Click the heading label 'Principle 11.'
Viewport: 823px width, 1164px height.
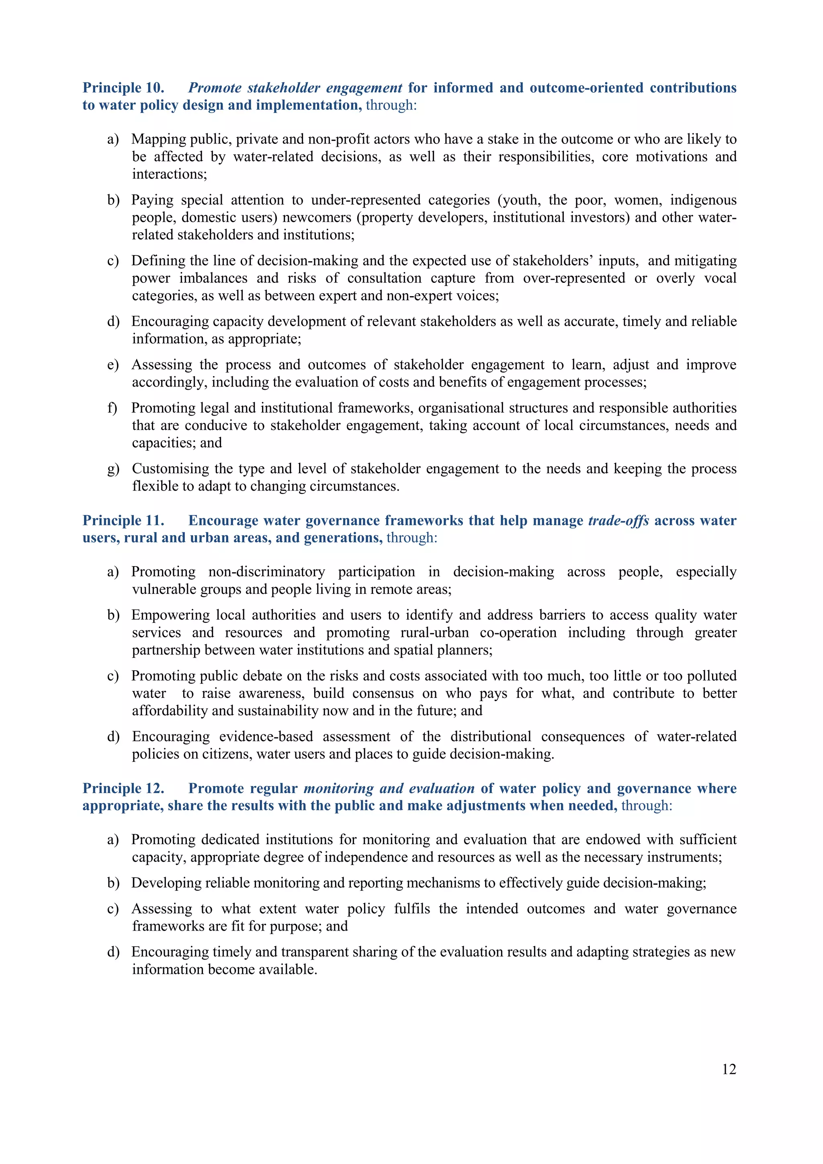[x=123, y=521]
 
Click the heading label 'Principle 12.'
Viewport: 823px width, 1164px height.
[x=123, y=788]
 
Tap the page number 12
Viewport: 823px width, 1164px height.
[x=729, y=1069]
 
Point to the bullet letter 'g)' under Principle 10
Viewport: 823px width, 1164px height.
[x=113, y=469]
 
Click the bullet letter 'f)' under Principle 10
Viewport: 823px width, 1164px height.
[x=112, y=408]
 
